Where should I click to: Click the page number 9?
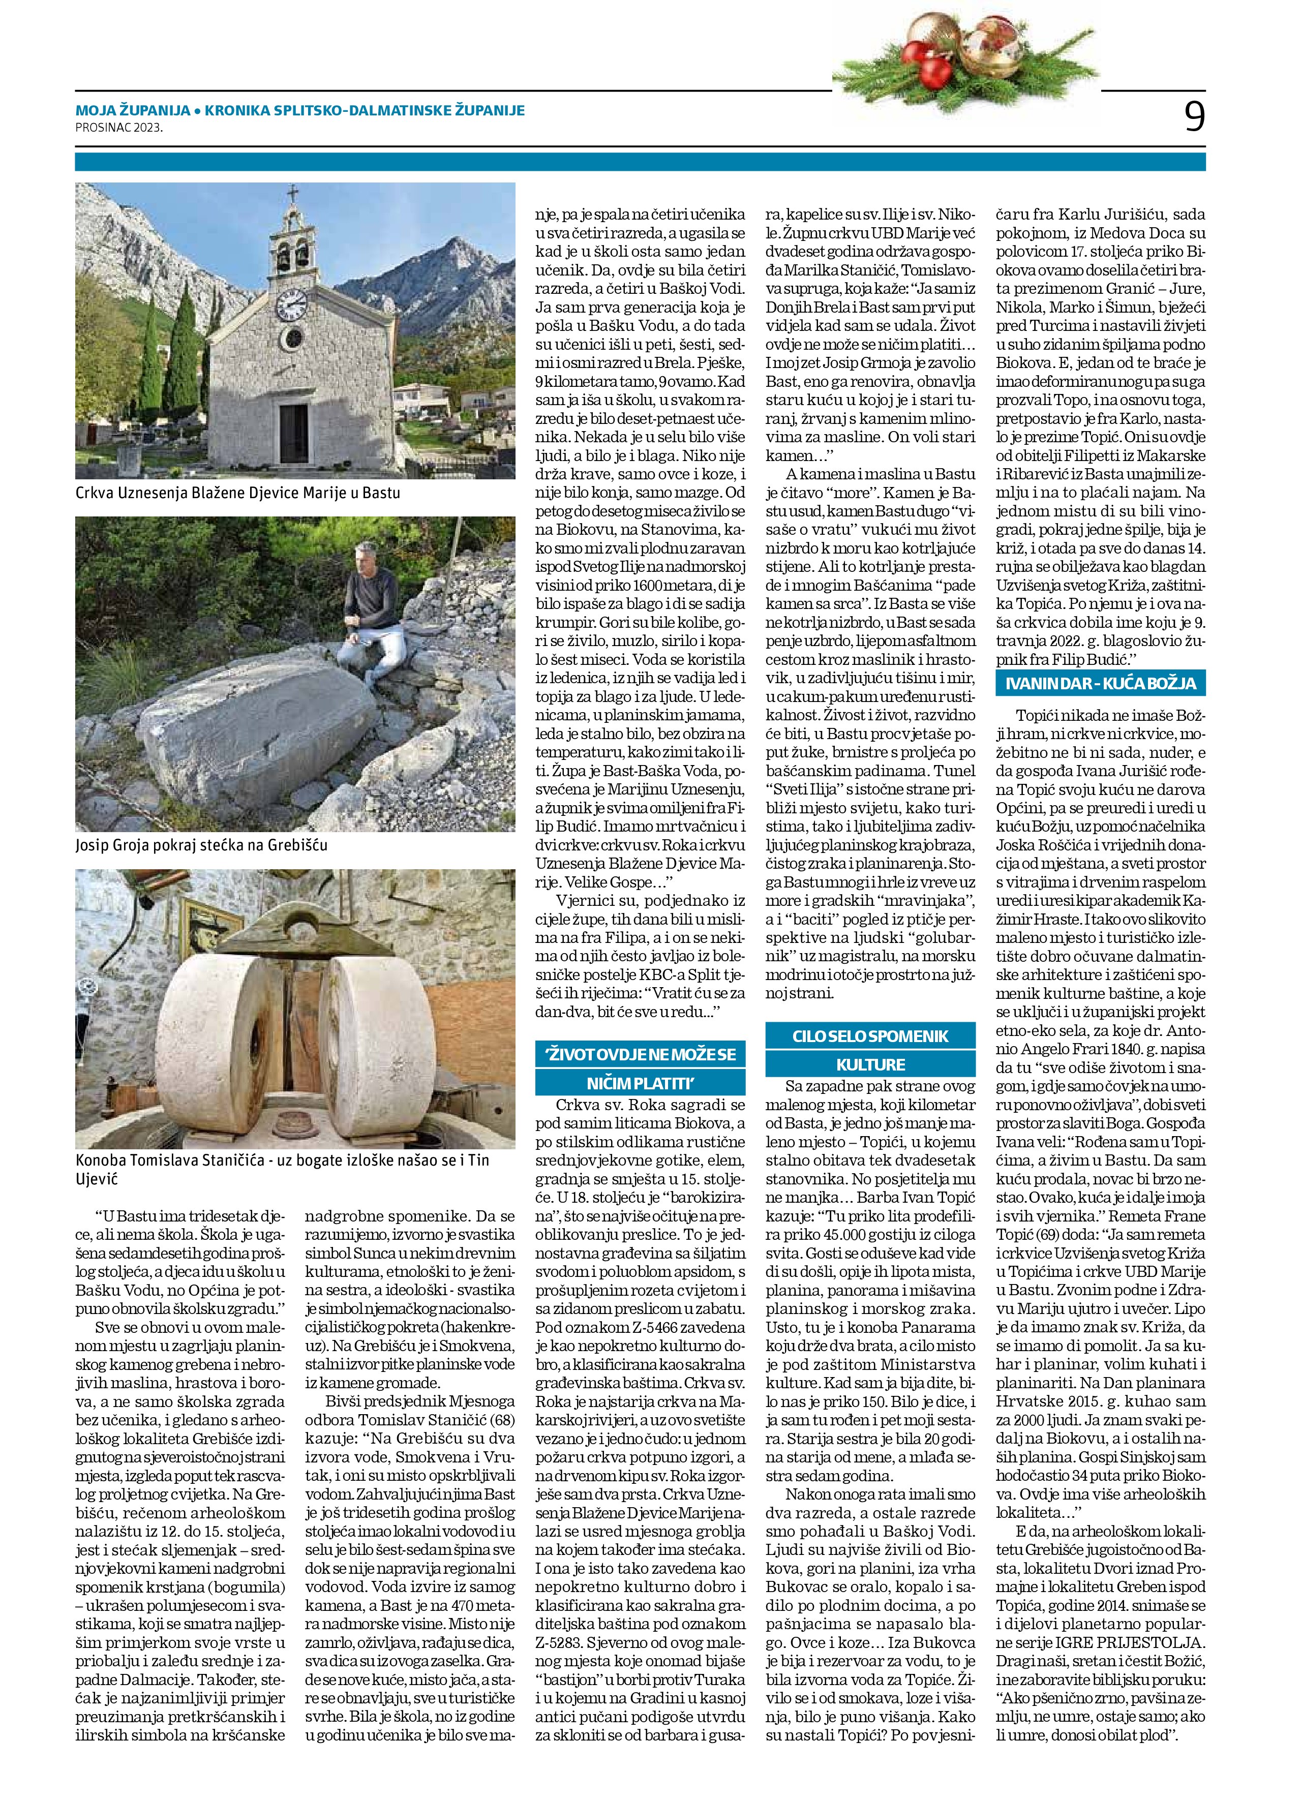[x=1194, y=117]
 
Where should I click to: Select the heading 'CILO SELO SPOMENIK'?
[x=870, y=1036]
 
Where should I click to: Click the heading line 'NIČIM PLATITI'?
[x=640, y=1082]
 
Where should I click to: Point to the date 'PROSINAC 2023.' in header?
[x=119, y=126]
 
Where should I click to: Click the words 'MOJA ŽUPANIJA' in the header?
[x=133, y=110]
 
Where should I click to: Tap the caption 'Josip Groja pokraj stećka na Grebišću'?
[x=201, y=845]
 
